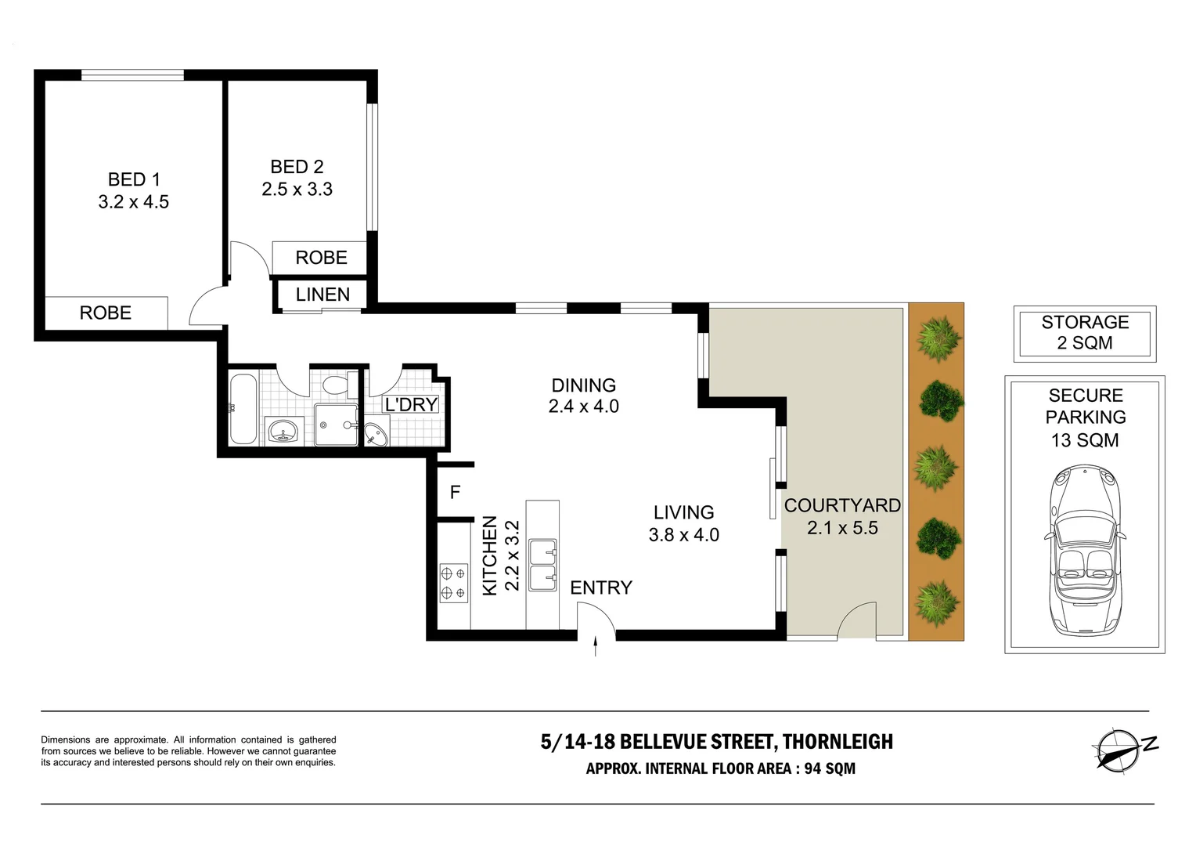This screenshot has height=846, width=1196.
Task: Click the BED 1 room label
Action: click(134, 179)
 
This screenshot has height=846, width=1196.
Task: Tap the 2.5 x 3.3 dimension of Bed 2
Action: click(297, 190)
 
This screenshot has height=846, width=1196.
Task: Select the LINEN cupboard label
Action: click(322, 295)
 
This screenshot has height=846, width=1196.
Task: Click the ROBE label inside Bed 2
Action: click(321, 258)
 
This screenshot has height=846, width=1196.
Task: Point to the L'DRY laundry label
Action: click(411, 405)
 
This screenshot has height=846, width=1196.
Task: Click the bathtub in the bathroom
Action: click(243, 409)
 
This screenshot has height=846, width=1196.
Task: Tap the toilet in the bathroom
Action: click(336, 385)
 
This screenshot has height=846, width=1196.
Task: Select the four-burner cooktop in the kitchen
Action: click(453, 583)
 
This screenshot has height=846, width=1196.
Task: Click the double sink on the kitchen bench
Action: click(542, 564)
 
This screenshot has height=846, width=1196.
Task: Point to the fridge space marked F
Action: click(455, 493)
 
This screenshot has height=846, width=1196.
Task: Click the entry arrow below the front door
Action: click(596, 646)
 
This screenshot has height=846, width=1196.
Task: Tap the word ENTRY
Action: click(600, 587)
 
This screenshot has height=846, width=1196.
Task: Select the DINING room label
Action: click(583, 385)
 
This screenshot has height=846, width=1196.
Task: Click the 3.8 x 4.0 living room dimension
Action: click(683, 535)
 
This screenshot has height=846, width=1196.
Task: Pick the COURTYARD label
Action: click(842, 506)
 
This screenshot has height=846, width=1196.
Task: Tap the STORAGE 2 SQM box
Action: click(1084, 333)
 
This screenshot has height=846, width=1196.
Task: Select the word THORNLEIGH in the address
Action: click(838, 742)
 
